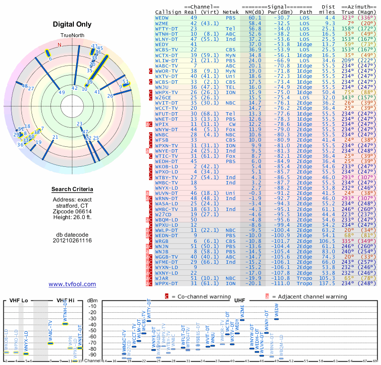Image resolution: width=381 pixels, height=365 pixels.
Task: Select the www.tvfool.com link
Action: point(72,284)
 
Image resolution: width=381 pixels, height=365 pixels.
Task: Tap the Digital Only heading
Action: point(72,24)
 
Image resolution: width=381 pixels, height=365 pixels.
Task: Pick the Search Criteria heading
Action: point(72,190)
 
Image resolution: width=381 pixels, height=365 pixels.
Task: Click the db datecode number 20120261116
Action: point(72,240)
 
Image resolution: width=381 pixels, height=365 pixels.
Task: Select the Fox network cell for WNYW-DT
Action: point(231,129)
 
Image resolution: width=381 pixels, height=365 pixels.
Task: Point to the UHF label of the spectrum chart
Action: point(240,300)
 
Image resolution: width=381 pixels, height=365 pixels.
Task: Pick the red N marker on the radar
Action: point(59,45)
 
